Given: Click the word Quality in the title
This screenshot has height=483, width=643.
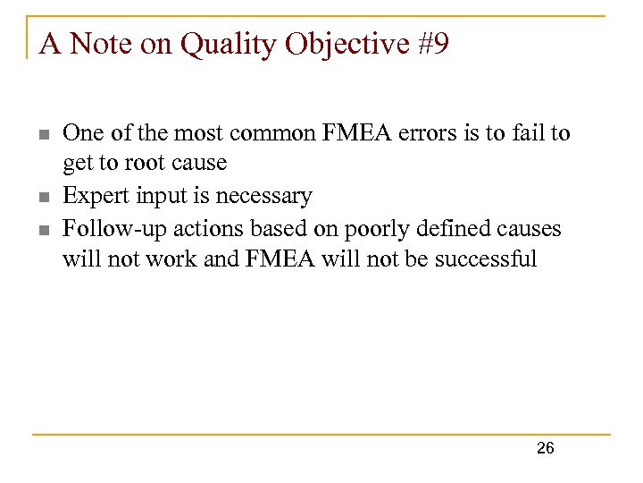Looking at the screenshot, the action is (x=229, y=45).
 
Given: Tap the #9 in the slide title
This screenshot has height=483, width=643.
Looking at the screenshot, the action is (x=433, y=43).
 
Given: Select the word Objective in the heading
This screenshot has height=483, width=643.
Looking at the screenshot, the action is (x=347, y=45).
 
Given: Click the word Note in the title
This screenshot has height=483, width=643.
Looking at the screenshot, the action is (x=100, y=43).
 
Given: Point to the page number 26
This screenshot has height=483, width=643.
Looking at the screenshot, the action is (x=546, y=448).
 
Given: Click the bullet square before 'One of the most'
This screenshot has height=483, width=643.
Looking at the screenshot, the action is (x=45, y=135).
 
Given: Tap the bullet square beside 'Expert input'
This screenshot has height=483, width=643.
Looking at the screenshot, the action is (x=45, y=197).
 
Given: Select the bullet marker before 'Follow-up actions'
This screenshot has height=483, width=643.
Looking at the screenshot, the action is (x=45, y=230).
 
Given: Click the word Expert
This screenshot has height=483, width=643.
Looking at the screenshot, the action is (x=96, y=196).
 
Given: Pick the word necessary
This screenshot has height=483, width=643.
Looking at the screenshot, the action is (x=263, y=197).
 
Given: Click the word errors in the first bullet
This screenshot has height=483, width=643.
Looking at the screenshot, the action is (x=427, y=134).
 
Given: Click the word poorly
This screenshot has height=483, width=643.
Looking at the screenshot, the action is (x=377, y=230).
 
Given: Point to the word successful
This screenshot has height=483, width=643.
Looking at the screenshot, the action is (x=486, y=258).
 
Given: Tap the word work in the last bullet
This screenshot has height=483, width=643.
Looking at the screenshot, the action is (x=171, y=259).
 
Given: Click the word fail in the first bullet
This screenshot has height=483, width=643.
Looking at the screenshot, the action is (x=528, y=133).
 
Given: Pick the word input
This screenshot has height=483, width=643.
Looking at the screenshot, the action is (x=162, y=196).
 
